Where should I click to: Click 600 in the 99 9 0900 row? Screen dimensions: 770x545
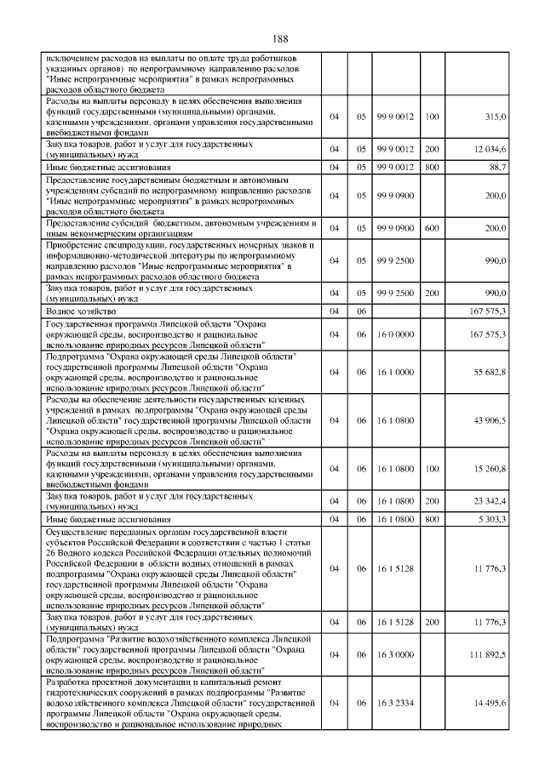coord(432,229)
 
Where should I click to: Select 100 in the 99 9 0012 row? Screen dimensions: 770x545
coord(432,116)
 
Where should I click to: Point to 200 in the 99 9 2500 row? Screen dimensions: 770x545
coord(432,294)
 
